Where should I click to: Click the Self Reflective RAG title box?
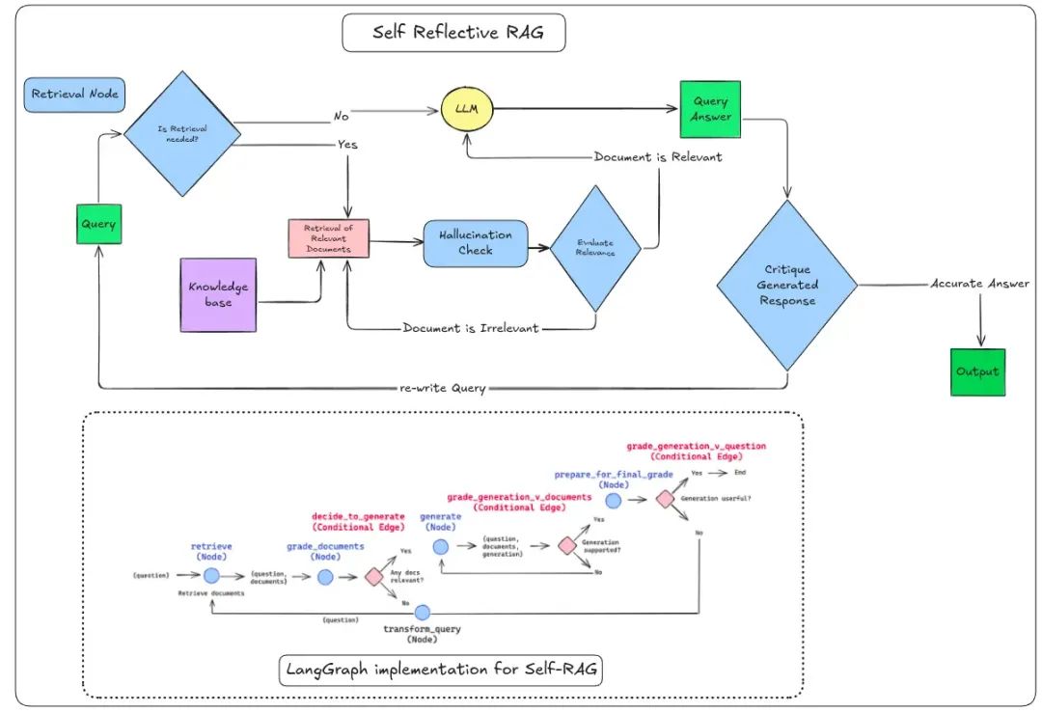tap(453, 33)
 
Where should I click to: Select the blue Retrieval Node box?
tap(74, 95)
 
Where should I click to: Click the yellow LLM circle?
tap(468, 110)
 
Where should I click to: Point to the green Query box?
tap(98, 223)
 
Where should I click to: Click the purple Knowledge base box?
tap(219, 294)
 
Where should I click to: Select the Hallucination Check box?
tap(475, 243)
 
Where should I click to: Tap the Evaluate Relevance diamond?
tap(594, 247)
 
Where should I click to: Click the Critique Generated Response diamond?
tap(787, 286)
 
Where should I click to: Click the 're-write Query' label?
tap(443, 388)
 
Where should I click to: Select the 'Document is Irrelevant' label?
tap(471, 328)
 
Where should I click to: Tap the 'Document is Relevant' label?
tap(657, 156)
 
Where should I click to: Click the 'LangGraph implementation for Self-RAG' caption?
tap(441, 668)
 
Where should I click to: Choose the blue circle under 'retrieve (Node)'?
tap(210, 576)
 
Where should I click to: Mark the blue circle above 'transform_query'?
tap(422, 612)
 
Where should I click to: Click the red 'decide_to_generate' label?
tap(358, 517)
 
